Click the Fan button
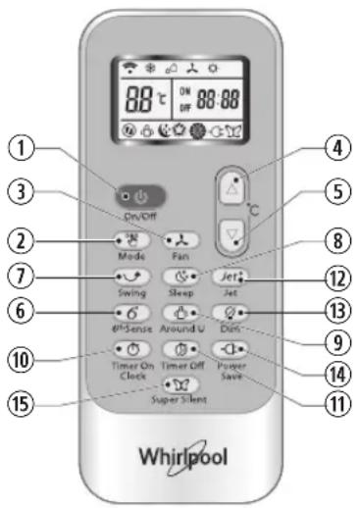[180, 238]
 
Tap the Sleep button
[180, 277]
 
